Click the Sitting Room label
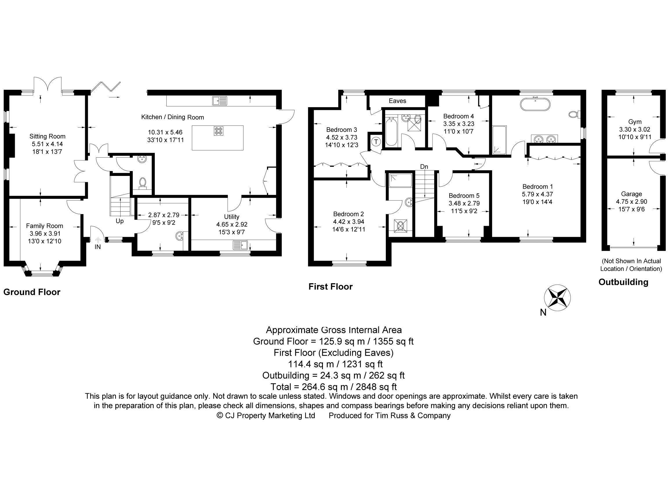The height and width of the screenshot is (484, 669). pos(47,136)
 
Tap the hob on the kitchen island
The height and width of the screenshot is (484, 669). pos(219,131)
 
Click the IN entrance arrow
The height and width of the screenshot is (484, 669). pos(98,241)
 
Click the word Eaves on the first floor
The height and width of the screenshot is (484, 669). pos(397,101)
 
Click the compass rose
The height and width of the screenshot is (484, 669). pos(557,298)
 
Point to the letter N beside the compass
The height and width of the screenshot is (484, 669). pos(543,313)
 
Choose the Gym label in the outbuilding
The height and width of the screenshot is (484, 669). pos(635,121)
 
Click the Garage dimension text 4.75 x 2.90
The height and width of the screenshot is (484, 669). pos(631,201)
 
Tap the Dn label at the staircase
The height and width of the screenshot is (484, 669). pos(424,167)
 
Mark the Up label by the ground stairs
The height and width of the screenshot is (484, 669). pos(119,221)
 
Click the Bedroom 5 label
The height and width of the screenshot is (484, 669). pos(464,196)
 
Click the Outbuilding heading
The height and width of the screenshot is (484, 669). pos(623,282)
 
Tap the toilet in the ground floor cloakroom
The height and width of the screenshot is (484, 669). pos(143,183)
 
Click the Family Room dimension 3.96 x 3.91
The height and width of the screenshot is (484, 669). pos(45,233)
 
